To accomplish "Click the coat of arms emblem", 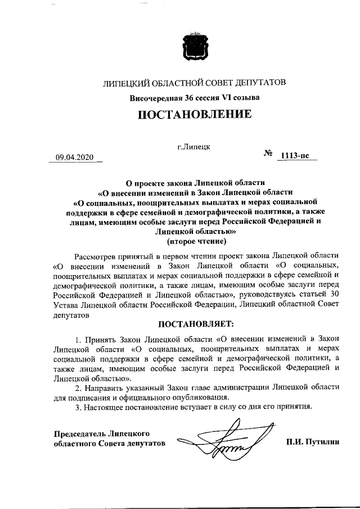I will [195, 46].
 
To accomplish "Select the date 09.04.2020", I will [71, 157].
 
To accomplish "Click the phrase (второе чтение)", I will [197, 242].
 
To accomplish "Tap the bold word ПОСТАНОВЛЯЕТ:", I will [195, 325].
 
